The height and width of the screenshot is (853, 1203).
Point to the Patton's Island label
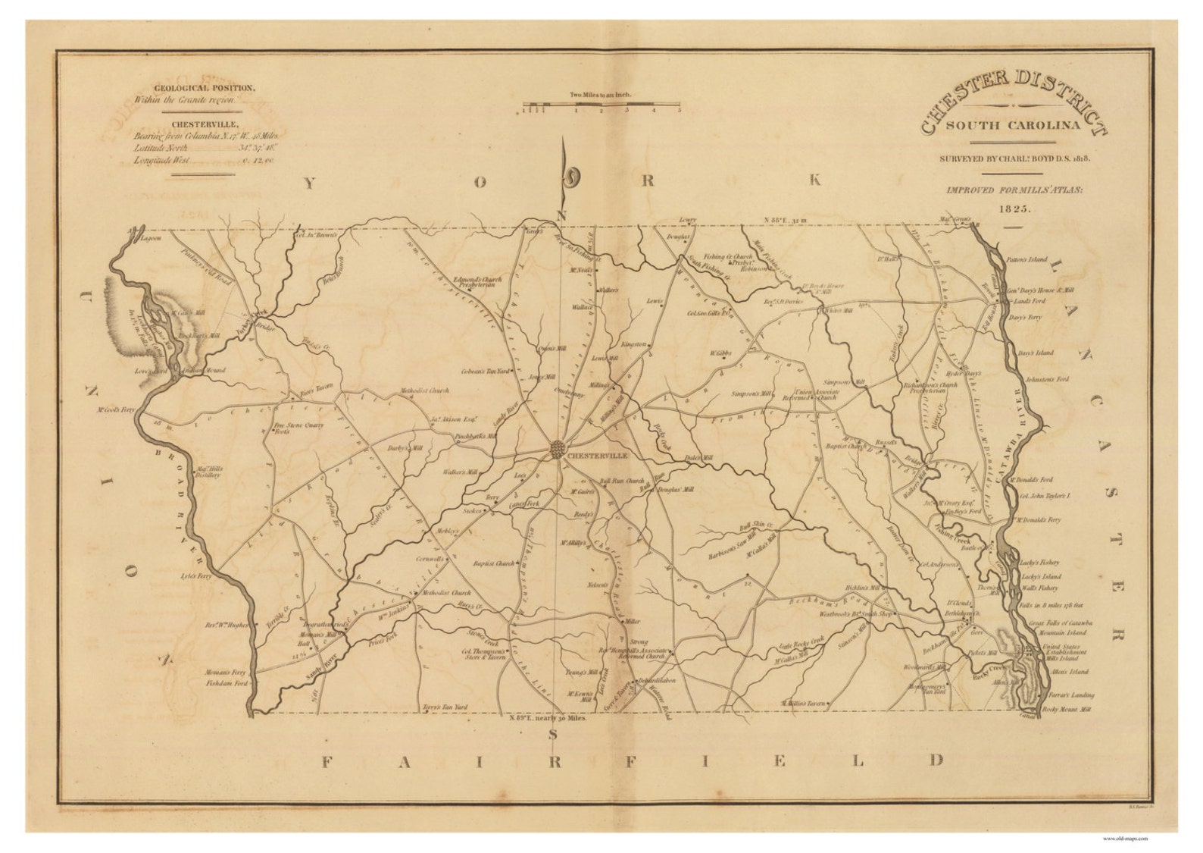pyautogui.click(x=1026, y=259)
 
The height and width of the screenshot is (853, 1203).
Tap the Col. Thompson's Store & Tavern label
pyautogui.click(x=484, y=654)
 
